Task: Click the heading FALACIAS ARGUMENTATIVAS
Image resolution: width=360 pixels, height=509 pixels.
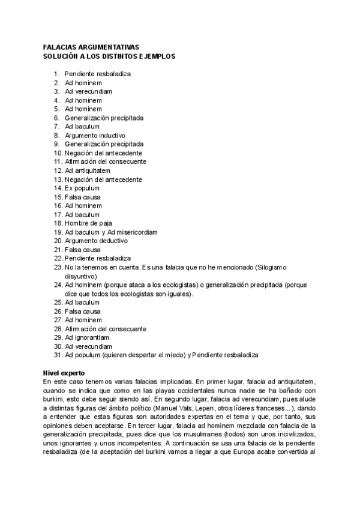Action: [x=91, y=47]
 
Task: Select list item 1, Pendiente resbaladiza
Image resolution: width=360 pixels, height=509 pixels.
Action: [x=98, y=74]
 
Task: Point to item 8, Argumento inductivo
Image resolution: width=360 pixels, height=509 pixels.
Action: [x=95, y=136]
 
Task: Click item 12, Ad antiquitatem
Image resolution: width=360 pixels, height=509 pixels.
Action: [x=88, y=170]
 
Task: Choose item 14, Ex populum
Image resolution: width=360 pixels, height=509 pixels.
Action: [x=83, y=188]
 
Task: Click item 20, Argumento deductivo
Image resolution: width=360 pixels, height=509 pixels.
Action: [x=96, y=241]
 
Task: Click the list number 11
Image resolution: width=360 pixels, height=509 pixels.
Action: [x=58, y=161]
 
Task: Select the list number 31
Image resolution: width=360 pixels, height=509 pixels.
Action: [x=58, y=355]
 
